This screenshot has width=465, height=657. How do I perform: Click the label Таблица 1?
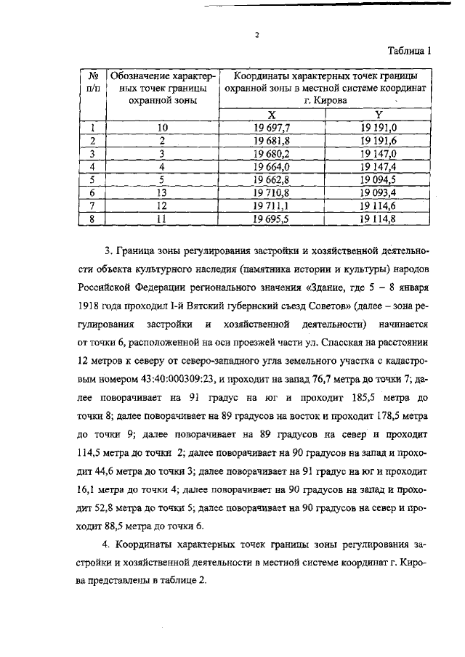coord(408,51)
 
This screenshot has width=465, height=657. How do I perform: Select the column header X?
coord(271,115)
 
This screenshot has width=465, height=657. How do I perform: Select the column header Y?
coord(379,115)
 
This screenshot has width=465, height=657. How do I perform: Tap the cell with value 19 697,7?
coord(271,128)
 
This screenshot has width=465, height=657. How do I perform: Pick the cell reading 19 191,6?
coord(379,141)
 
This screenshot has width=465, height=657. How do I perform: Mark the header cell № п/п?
coord(93,81)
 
